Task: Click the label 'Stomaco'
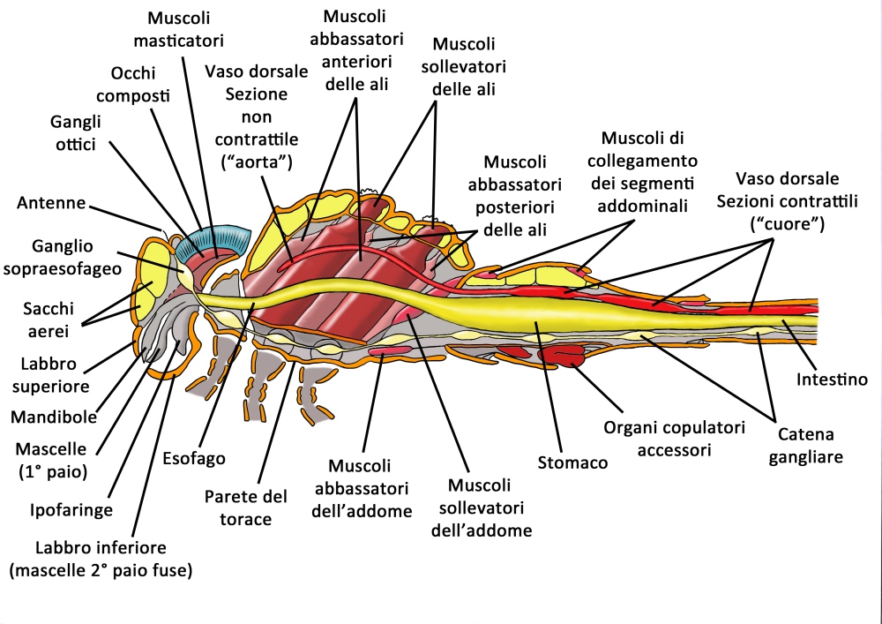pyautogui.click(x=572, y=462)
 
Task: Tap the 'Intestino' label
pyautogui.click(x=832, y=380)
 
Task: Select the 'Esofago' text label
pyautogui.click(x=194, y=458)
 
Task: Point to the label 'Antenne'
pyautogui.click(x=51, y=203)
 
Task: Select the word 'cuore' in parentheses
pyautogui.click(x=787, y=223)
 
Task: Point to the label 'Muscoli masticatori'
pyautogui.click(x=186, y=28)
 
